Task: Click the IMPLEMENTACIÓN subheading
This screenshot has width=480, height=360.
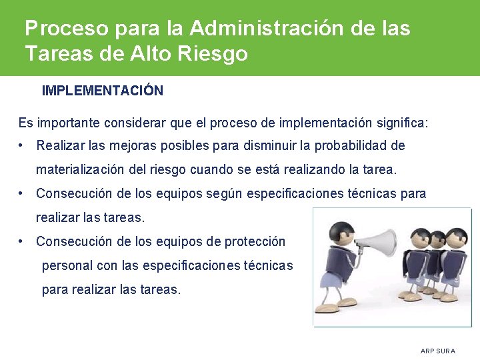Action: coord(102,91)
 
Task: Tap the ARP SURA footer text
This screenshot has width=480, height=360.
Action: coord(438,351)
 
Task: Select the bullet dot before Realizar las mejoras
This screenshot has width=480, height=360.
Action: coord(23,145)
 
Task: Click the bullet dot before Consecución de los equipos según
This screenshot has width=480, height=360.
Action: coord(23,193)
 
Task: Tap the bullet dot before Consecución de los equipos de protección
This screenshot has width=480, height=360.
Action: coord(23,241)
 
